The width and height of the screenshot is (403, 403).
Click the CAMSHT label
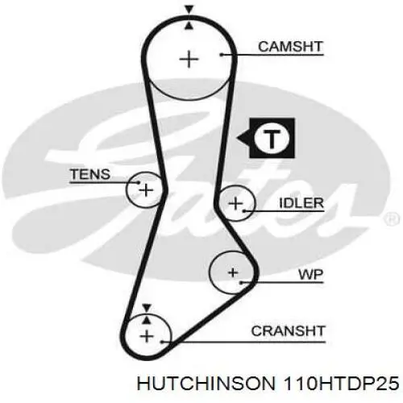click(x=290, y=47)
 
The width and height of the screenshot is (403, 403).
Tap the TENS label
click(x=90, y=174)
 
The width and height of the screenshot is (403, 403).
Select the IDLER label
click(x=301, y=203)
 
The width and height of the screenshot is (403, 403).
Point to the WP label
click(x=310, y=275)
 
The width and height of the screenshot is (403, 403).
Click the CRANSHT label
click(x=288, y=330)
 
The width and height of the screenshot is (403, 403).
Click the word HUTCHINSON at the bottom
click(x=206, y=384)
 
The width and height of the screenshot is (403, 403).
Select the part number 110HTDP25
click(x=341, y=384)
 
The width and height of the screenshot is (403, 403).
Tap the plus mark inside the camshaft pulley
click(x=189, y=59)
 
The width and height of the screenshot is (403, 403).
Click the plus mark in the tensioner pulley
click(x=146, y=190)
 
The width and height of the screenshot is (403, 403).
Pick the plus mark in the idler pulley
click(x=235, y=203)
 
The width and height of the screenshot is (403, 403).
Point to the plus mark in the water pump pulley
click(x=233, y=273)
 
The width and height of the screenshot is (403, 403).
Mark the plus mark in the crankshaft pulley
click(x=147, y=336)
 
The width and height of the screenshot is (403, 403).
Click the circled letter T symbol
click(x=272, y=138)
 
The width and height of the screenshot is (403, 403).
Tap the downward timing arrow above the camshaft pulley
click(x=189, y=10)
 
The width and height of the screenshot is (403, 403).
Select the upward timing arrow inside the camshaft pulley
click(x=189, y=26)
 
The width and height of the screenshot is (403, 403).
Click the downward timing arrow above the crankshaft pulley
click(x=147, y=308)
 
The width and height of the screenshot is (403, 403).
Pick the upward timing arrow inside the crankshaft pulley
click(x=147, y=320)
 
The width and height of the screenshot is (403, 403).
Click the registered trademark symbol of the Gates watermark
click(x=393, y=219)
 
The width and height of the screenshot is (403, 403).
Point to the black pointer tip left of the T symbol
click(x=237, y=138)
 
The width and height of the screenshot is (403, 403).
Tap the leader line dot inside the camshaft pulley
click(x=222, y=55)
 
